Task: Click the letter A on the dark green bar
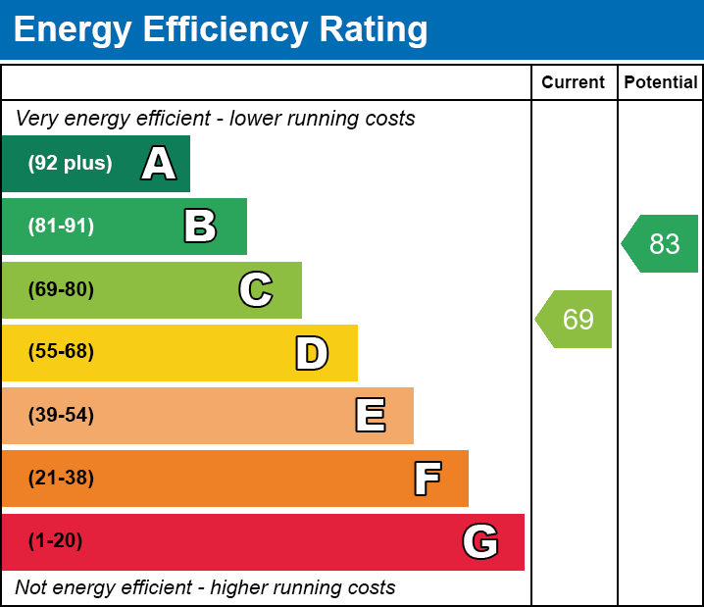tap(159, 164)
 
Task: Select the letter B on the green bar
tap(200, 227)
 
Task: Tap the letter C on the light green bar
tap(256, 290)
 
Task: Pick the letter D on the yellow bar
tap(312, 353)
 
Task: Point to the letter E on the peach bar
tap(370, 416)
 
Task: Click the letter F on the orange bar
tap(427, 479)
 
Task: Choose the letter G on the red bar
tap(480, 541)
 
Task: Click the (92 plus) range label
tap(70, 164)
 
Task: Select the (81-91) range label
tap(61, 227)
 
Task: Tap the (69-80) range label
tap(61, 290)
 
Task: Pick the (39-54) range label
tap(61, 416)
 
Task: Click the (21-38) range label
tap(61, 479)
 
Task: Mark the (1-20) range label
tap(56, 541)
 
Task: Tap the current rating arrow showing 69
tap(576, 319)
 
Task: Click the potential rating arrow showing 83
tap(662, 243)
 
